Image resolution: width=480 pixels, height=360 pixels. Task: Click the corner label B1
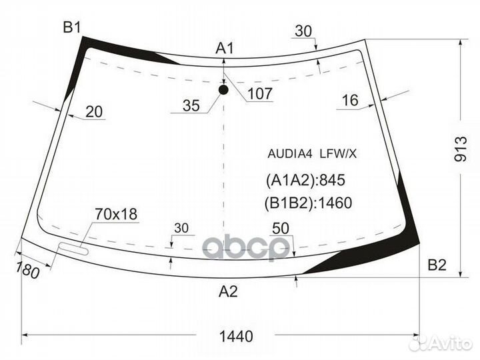[x=71, y=27]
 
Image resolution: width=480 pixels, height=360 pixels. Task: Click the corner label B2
[x=437, y=265]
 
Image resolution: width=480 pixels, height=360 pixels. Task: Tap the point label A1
[x=225, y=48]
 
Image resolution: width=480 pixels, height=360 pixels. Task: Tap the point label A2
[x=228, y=291]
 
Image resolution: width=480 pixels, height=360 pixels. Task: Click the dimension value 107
[x=259, y=94]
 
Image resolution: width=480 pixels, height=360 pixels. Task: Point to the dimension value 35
[x=191, y=105]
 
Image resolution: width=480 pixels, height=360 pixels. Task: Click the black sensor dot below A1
[x=223, y=89]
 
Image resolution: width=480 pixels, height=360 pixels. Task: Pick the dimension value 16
[x=350, y=101]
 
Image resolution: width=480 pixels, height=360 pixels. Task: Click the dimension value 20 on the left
[x=95, y=112]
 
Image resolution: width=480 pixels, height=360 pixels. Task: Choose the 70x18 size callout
[x=116, y=214]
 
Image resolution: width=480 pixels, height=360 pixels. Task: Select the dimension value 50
[x=281, y=228]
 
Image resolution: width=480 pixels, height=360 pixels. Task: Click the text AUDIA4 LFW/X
[x=311, y=154]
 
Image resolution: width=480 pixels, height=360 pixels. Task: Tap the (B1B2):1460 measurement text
[x=308, y=203]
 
